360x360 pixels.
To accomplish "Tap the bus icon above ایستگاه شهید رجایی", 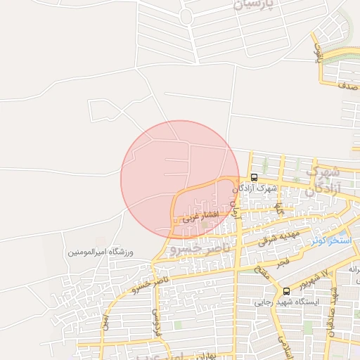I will [x=286, y=291].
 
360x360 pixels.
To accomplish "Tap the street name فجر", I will [x=283, y=262].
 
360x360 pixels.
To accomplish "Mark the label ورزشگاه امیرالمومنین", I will [x=101, y=252].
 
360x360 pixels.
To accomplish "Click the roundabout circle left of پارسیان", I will [x=186, y=16].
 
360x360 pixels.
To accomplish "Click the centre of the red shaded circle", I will [x=179, y=179].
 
